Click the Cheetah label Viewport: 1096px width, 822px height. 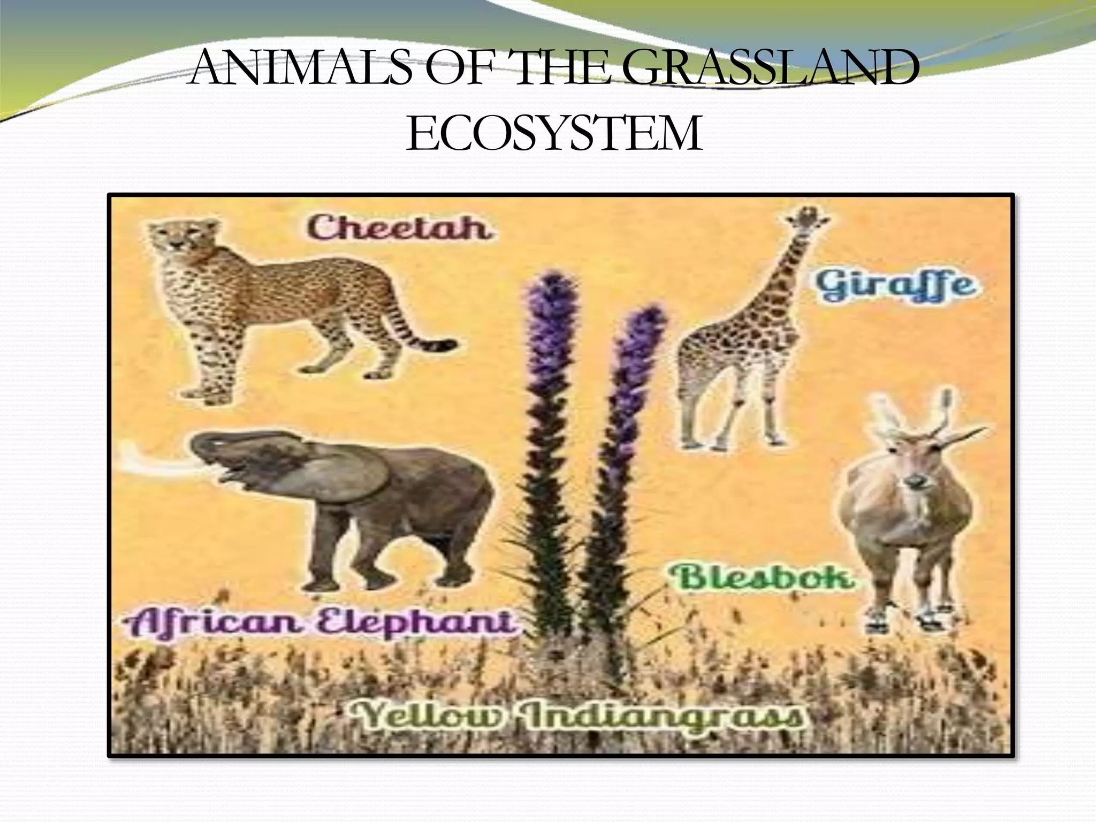[x=399, y=227]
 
